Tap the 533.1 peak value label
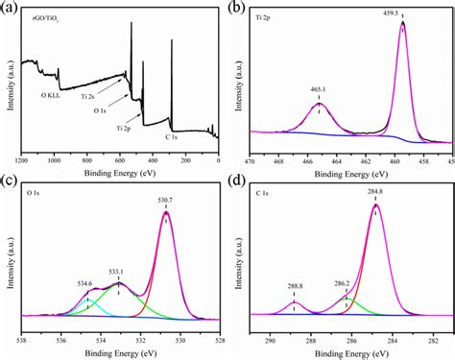pos(118,272)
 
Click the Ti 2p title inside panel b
pos(264,17)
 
